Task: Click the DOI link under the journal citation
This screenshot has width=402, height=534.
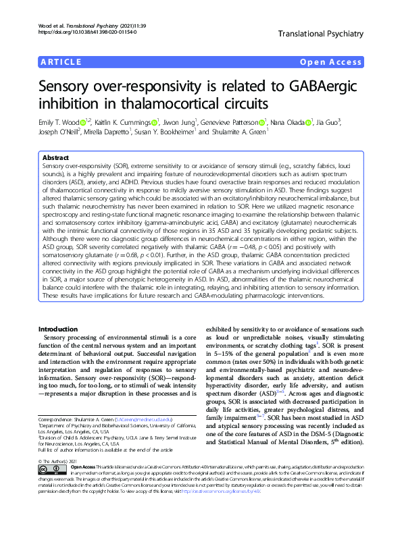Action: point(74,32)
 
